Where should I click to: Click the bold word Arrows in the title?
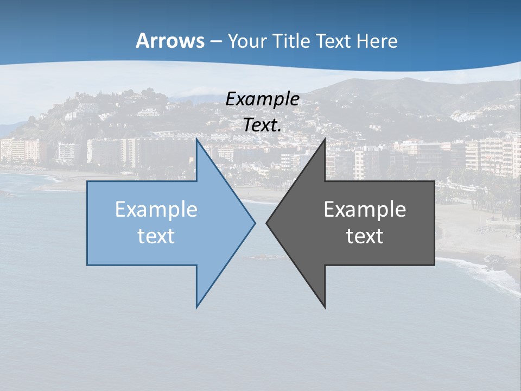170,41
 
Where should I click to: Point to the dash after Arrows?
215,41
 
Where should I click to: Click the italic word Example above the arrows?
263,99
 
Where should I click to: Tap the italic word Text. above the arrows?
263,125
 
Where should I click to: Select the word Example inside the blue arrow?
156,209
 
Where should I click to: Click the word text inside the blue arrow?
156,236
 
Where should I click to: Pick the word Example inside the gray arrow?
365,209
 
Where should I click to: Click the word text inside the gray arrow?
365,236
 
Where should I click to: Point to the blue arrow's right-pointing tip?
255,222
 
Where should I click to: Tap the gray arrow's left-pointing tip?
266,222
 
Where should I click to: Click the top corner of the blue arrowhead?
196,140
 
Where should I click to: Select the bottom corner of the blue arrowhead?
196,307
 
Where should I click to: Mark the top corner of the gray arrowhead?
325,140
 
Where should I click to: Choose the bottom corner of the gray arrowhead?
325,307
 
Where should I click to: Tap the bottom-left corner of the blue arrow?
87,265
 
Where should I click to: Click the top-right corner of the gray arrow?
434,181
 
